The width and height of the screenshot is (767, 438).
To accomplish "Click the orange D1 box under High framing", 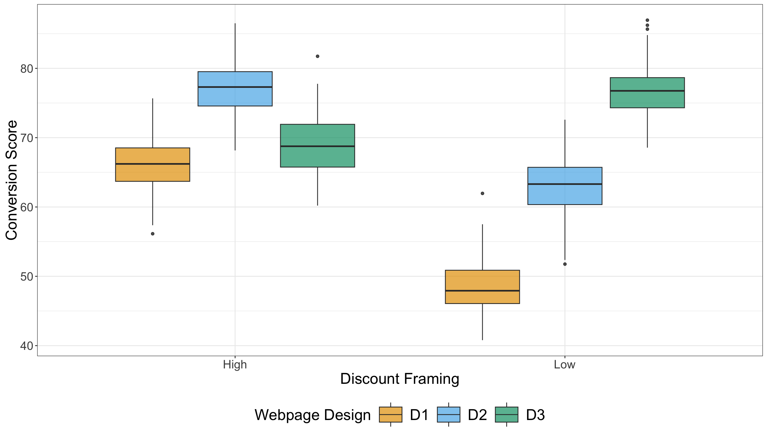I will [x=153, y=165].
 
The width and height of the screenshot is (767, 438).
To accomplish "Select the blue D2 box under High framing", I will [x=235, y=89].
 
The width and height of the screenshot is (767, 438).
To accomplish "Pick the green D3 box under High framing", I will [x=318, y=146].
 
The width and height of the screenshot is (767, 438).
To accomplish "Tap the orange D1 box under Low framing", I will [x=483, y=287].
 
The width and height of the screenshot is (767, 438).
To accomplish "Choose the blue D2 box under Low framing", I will [x=565, y=186].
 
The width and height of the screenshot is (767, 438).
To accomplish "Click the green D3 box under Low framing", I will [x=647, y=93].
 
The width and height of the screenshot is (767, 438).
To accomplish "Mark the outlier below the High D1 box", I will [x=153, y=234].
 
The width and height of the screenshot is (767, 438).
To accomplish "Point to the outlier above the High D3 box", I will [x=318, y=56].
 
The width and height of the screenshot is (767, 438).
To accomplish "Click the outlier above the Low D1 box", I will [x=483, y=193].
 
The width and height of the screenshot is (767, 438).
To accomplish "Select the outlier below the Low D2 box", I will [x=565, y=264].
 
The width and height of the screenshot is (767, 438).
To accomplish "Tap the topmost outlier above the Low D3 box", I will [x=647, y=20].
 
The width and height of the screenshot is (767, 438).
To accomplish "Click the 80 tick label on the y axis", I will [x=27, y=69].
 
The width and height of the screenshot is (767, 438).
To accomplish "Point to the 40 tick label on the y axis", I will [x=27, y=346].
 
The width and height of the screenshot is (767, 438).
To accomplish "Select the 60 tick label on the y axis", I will [x=27, y=207].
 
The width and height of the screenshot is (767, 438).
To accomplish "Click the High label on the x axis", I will [x=235, y=365].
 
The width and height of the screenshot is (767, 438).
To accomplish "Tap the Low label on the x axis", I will [x=565, y=365].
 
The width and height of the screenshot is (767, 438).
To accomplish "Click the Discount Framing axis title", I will [x=399, y=379].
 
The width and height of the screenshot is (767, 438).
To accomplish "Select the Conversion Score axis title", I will [x=11, y=180].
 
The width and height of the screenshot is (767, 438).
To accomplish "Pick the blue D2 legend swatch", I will [x=449, y=415].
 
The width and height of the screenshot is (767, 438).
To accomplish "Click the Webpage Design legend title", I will [x=312, y=415].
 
